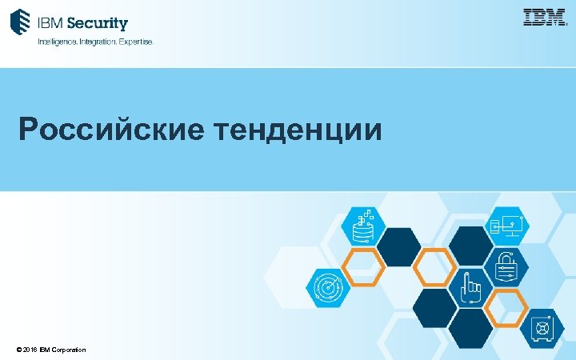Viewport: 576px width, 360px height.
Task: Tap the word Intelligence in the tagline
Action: tap(59, 41)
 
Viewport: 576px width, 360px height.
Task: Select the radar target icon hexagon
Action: tap(328, 287)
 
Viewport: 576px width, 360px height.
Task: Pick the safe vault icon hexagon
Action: tap(543, 328)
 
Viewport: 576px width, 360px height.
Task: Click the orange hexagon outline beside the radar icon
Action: tap(364, 267)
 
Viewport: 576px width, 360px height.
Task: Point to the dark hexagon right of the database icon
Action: tap(399, 246)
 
